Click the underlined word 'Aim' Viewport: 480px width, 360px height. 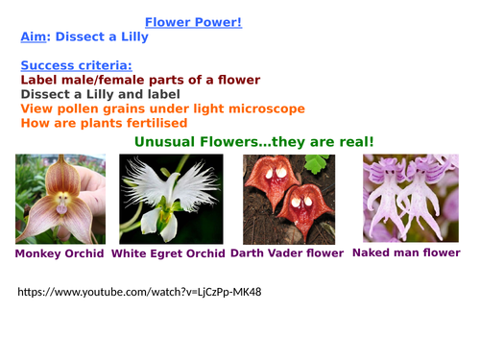pyautogui.click(x=33, y=37)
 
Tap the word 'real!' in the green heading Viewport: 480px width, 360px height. pyautogui.click(x=351, y=142)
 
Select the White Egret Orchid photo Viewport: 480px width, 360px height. pyautogui.click(x=171, y=199)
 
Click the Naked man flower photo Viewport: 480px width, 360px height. pyautogui.click(x=407, y=199)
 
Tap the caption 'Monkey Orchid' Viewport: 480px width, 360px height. pyautogui.click(x=59, y=254)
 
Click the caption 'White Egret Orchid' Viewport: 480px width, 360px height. pyautogui.click(x=169, y=254)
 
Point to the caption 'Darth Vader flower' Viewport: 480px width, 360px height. pyautogui.click(x=287, y=254)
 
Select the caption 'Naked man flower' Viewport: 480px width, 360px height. pyautogui.click(x=407, y=253)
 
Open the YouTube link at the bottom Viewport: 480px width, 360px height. pyautogui.click(x=139, y=291)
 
